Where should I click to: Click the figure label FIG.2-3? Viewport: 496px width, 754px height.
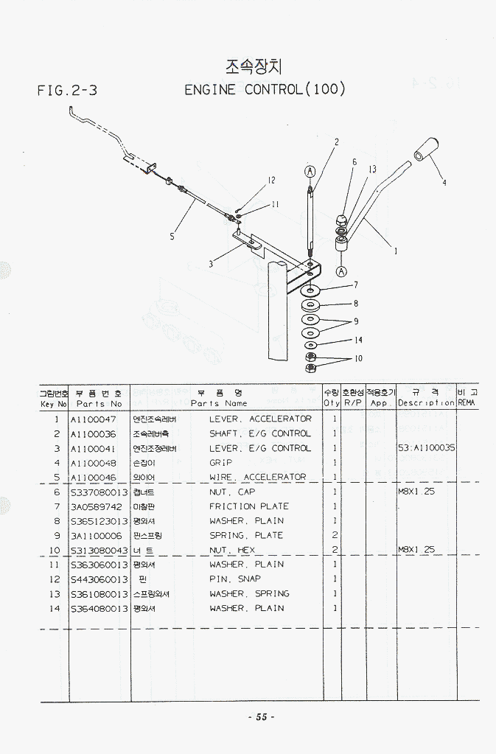67,91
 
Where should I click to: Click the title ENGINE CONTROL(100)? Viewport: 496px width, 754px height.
265,90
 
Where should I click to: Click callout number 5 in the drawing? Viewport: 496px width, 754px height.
172,237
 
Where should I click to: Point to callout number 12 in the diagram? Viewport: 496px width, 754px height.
271,181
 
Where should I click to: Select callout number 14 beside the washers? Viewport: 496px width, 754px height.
358,341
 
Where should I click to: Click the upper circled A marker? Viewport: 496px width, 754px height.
310,172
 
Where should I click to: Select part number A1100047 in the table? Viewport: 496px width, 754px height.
93,419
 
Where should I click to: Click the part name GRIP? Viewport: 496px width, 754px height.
220,463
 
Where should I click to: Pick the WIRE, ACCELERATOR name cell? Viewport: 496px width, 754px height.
257,478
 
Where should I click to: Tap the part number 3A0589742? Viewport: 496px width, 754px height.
96,506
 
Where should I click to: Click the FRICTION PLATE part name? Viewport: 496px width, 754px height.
248,506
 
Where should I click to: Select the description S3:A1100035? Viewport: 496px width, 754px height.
426,448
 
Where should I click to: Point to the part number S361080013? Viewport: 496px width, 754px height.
99,594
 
